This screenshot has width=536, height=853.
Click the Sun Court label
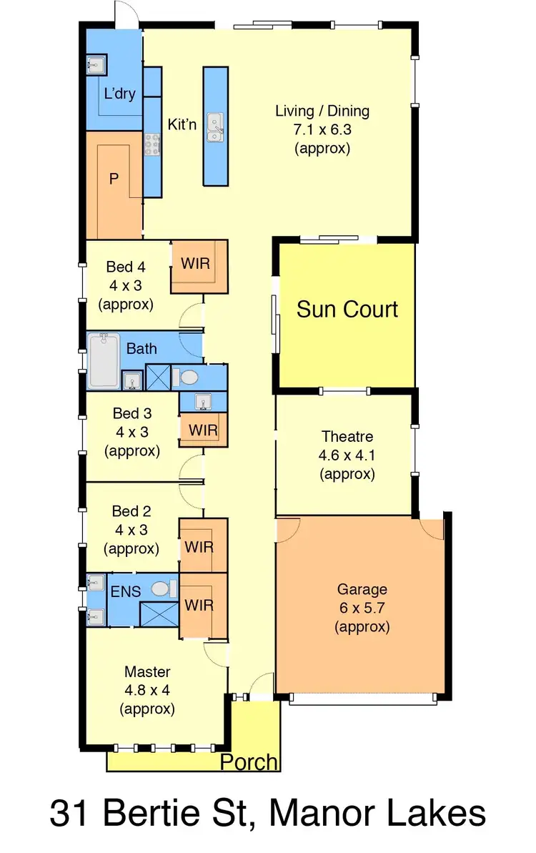point(347,310)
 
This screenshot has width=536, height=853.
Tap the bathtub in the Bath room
point(104,360)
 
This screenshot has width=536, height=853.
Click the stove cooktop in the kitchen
point(152,144)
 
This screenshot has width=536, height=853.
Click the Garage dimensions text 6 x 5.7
point(363,608)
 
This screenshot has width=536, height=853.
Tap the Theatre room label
point(347,436)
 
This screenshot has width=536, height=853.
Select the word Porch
point(249,762)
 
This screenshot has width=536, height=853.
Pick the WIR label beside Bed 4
point(195,263)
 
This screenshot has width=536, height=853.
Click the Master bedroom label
point(147,671)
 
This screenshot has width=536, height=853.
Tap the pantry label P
point(113,179)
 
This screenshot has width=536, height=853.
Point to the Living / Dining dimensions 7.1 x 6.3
point(322,130)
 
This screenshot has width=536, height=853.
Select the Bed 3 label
point(132,413)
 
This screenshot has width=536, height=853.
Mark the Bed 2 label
point(131,511)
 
